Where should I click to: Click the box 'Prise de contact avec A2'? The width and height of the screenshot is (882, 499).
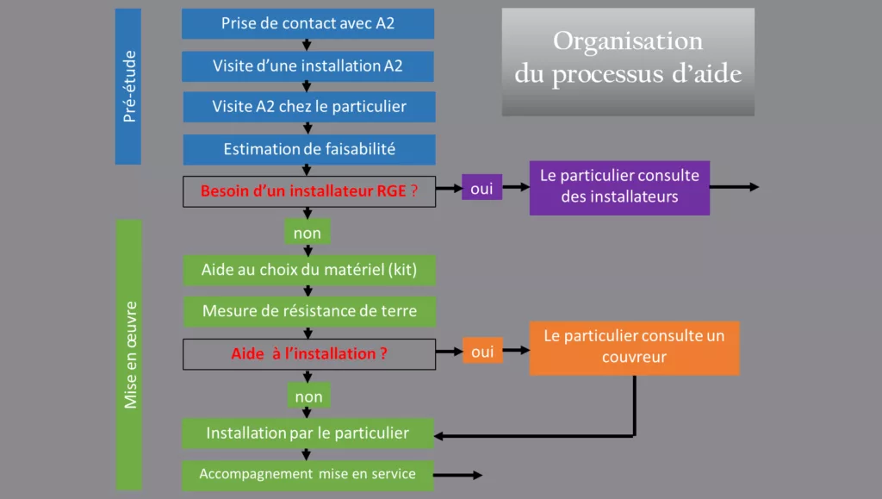coord(307,23)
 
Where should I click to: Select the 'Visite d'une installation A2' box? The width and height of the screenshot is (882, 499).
coord(307,65)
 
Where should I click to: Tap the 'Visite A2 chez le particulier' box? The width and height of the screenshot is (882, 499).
coord(308,107)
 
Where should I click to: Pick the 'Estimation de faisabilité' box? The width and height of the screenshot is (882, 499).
coord(308,149)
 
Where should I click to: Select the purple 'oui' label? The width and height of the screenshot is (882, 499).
coord(481,188)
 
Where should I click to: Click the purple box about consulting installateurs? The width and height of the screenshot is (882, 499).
coord(618,187)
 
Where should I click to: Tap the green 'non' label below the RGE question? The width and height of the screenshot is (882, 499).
coord(307,233)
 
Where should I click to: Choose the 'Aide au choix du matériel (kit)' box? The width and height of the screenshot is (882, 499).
coord(308,270)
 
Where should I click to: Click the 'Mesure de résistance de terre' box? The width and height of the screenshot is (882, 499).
coord(308,311)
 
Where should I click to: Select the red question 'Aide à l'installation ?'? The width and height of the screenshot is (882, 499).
coord(308,353)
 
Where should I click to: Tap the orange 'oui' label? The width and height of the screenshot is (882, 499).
coord(481,351)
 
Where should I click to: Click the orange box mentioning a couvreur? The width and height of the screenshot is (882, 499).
coord(634,347)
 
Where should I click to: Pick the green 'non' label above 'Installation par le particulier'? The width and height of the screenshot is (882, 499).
coord(307,396)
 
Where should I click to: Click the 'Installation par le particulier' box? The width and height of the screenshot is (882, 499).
coord(307,433)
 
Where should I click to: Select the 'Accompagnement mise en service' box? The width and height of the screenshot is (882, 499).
coord(307,474)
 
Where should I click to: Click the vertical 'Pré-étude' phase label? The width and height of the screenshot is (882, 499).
coord(128,86)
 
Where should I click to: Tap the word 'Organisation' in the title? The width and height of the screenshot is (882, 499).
coord(627,41)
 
